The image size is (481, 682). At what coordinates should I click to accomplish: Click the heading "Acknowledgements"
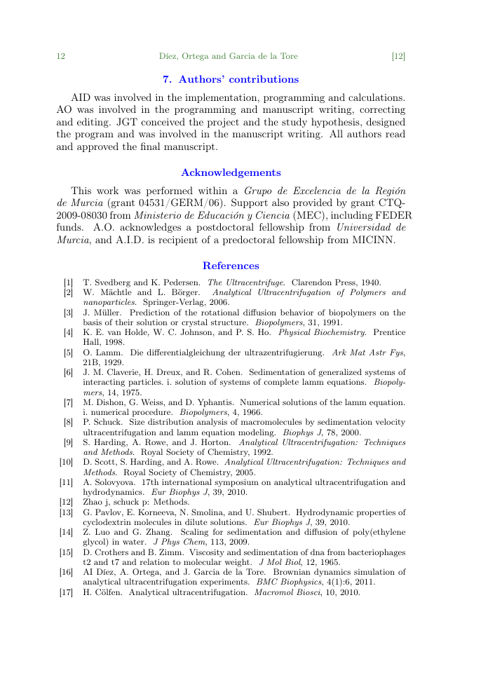point(231,172)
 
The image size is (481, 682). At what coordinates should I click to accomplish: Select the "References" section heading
point(231,266)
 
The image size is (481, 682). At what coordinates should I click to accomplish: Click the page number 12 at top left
point(61,56)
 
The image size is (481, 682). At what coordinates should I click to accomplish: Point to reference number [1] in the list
point(69,282)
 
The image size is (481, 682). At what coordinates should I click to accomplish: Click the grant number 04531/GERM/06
point(179,203)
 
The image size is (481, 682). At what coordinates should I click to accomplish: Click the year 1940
point(370,282)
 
